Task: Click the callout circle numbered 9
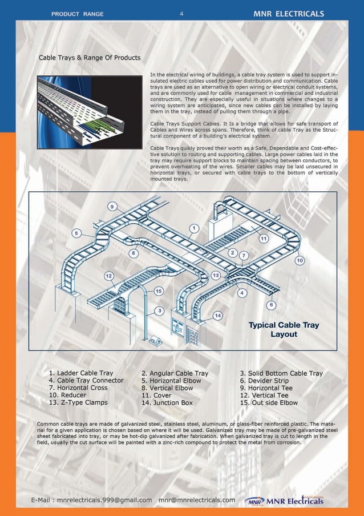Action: click(113, 206)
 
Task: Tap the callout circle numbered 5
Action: click(76, 233)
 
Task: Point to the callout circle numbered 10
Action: click(300, 260)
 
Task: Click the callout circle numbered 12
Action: click(108, 276)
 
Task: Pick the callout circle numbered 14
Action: click(217, 315)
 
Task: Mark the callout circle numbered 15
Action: click(159, 291)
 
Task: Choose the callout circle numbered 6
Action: click(270, 305)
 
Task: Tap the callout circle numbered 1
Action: click(193, 228)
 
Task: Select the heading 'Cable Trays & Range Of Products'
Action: click(89, 58)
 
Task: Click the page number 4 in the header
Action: click(181, 14)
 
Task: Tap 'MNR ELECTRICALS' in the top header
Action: click(289, 14)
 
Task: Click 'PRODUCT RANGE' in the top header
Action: click(77, 14)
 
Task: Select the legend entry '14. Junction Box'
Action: click(167, 402)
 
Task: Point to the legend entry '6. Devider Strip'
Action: click(264, 381)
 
